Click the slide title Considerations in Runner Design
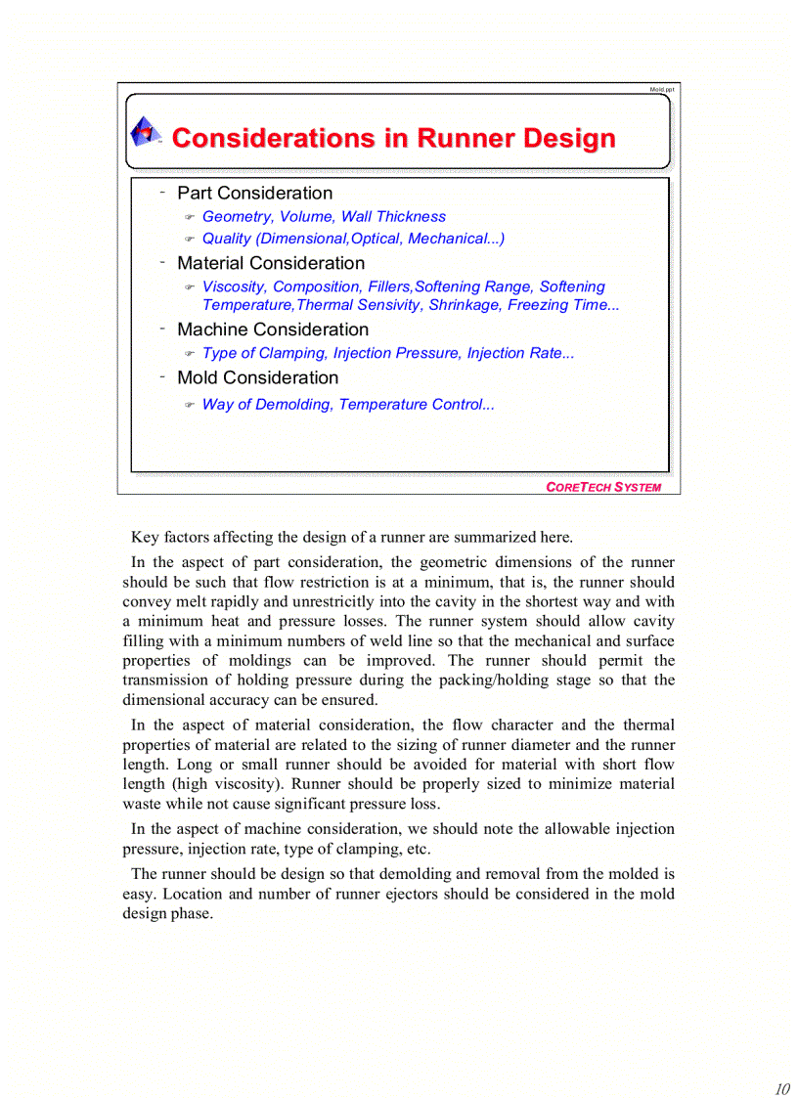pyautogui.click(x=393, y=139)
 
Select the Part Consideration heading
pyautogui.click(x=254, y=194)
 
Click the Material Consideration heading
pyautogui.click(x=271, y=263)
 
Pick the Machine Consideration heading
pyautogui.click(x=273, y=329)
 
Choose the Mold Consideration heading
pyautogui.click(x=257, y=377)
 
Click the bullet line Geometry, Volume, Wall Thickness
pyautogui.click(x=324, y=217)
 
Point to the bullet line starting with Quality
pyautogui.click(x=353, y=239)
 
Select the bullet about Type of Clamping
pyautogui.click(x=387, y=353)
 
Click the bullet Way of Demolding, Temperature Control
pyautogui.click(x=347, y=405)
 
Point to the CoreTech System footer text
pyautogui.click(x=602, y=487)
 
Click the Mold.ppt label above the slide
pyautogui.click(x=661, y=89)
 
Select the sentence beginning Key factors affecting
pyautogui.click(x=352, y=537)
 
